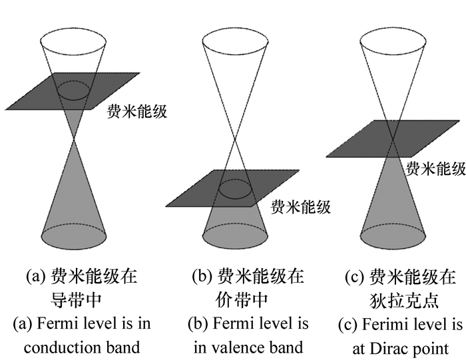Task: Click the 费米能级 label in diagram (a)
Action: (136, 111)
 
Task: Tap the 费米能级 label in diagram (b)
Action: (300, 207)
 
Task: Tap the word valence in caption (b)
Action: (238, 347)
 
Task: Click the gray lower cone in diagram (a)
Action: (75, 200)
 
